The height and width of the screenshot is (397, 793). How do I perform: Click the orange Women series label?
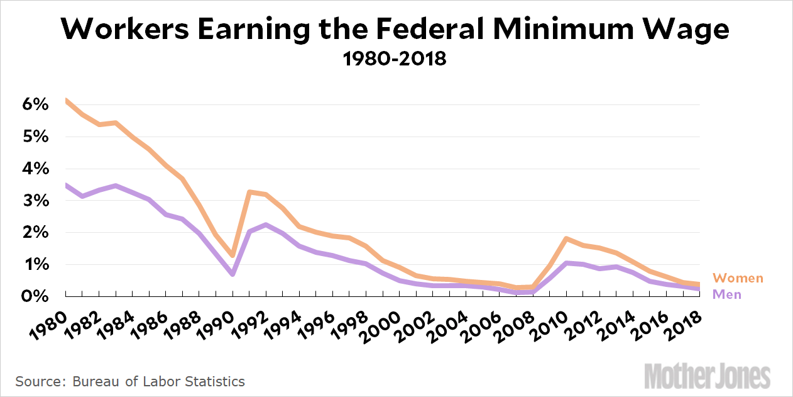point(738,278)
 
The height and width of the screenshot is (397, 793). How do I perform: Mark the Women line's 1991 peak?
point(249,191)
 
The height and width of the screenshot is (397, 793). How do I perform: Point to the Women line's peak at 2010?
point(566,238)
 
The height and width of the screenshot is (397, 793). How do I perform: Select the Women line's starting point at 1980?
point(66,100)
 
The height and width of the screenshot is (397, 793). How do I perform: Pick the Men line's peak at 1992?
point(266,225)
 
